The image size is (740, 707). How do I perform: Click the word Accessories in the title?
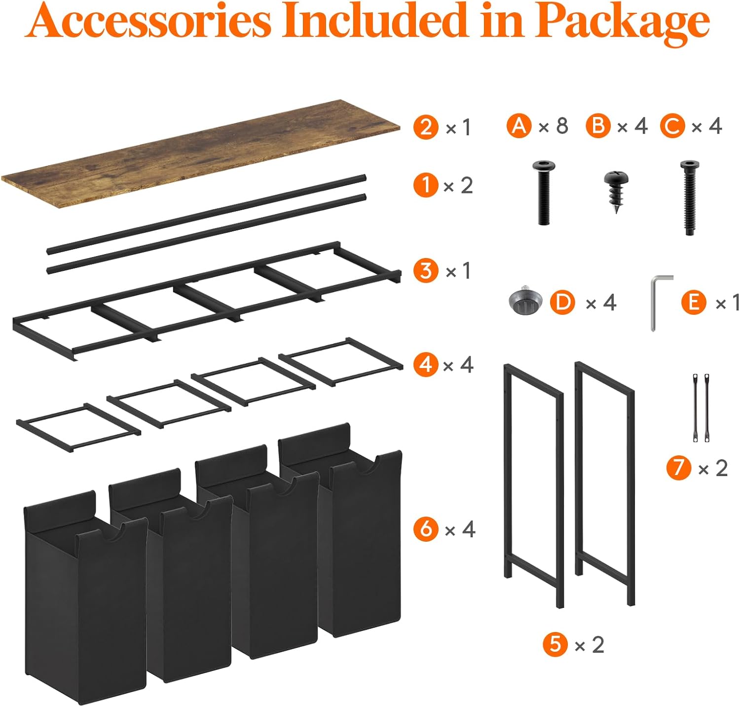click(x=148, y=22)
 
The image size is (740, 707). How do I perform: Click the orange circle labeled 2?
click(x=426, y=127)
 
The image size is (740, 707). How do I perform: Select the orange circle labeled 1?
click(x=425, y=186)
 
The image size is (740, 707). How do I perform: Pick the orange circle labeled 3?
click(x=426, y=271)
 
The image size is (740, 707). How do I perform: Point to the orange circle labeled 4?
click(x=425, y=365)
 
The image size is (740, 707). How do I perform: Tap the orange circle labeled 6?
click(x=426, y=529)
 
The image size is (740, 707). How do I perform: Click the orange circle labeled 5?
click(x=555, y=644)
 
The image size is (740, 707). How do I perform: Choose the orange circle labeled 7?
click(x=679, y=468)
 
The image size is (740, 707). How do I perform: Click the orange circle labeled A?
click(x=519, y=126)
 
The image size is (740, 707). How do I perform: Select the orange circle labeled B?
click(x=598, y=126)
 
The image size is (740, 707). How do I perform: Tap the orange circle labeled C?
click(x=672, y=126)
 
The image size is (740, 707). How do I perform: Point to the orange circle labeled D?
click(x=563, y=302)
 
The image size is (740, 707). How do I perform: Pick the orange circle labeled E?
click(x=694, y=302)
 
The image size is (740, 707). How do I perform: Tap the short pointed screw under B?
click(x=616, y=190)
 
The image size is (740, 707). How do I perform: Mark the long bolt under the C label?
click(x=689, y=197)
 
